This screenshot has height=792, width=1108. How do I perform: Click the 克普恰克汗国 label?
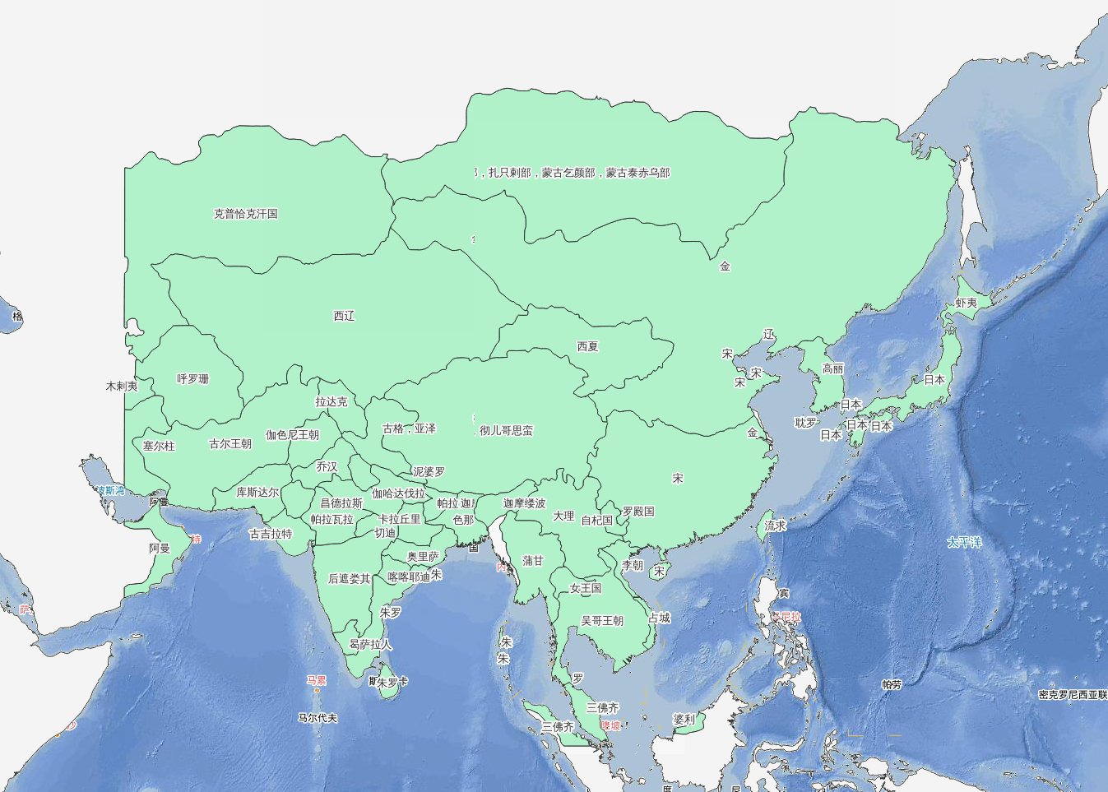tap(246, 214)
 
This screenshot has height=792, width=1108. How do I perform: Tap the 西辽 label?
tap(344, 316)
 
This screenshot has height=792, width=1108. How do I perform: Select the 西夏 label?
tap(587, 346)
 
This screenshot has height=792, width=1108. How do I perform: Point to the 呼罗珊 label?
tap(192, 379)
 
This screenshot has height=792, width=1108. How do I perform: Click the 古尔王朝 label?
tap(230, 444)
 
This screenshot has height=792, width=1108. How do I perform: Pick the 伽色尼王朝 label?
tap(292, 435)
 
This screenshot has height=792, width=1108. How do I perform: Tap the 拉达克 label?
tap(331, 402)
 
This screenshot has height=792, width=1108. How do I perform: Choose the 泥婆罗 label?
tap(429, 472)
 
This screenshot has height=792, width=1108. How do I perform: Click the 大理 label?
tap(563, 516)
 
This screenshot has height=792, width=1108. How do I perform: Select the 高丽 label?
tap(832, 369)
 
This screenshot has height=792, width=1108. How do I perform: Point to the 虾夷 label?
tap(966, 303)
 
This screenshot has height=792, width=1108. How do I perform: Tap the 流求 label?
tap(775, 526)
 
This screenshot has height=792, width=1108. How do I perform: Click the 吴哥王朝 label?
tap(602, 621)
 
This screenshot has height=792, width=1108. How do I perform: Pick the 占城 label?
tap(659, 618)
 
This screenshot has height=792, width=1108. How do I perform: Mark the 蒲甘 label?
tap(533, 561)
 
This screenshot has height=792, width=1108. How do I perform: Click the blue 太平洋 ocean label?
tap(964, 543)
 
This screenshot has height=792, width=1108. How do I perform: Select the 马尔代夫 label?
tap(318, 718)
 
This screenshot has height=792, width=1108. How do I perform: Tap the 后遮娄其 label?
tap(350, 579)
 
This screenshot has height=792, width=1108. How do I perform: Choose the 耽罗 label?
tap(805, 423)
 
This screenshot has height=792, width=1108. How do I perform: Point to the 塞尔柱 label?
tap(159, 447)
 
